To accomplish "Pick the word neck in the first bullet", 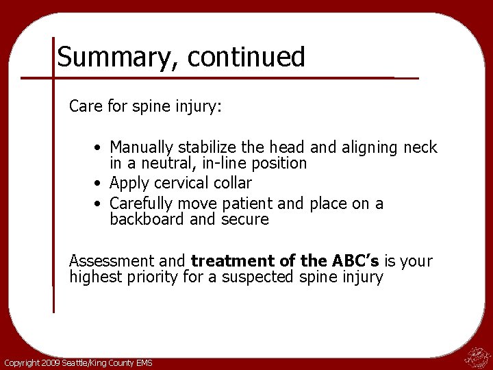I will click(x=420, y=147).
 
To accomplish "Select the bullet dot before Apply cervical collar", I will click(x=99, y=184).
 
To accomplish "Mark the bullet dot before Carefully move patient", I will click(x=99, y=204).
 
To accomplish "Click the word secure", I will click(x=245, y=220).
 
